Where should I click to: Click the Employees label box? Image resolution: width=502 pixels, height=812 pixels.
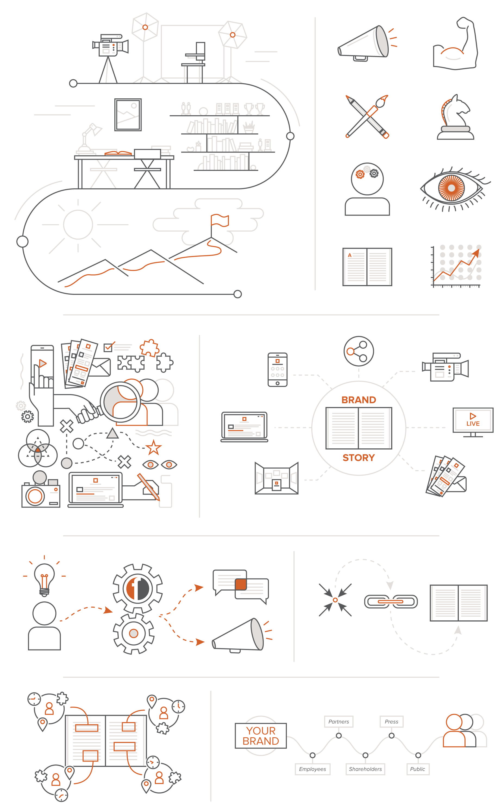click(312, 769)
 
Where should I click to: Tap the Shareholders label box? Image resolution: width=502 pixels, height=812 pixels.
click(365, 769)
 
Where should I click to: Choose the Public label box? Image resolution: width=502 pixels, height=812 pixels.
click(418, 769)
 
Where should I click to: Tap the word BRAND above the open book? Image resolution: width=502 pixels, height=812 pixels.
click(359, 400)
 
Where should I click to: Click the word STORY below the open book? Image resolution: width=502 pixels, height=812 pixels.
click(359, 458)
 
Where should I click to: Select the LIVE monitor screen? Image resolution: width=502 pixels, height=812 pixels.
click(473, 420)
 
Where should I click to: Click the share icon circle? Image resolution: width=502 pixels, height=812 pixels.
click(359, 351)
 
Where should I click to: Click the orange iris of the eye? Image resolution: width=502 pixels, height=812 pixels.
click(451, 188)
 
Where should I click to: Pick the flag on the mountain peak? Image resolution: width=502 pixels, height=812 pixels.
click(219, 220)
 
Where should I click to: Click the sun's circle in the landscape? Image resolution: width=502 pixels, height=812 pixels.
click(78, 224)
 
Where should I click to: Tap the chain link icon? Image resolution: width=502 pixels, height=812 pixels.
click(391, 601)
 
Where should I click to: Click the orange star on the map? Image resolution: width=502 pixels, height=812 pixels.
click(153, 448)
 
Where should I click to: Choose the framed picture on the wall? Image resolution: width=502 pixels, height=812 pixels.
click(128, 115)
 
